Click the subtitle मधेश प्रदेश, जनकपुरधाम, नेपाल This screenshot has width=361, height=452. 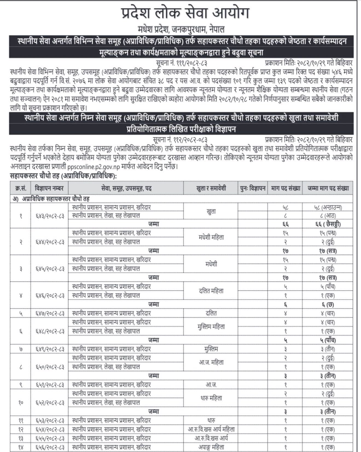[x=181, y=29]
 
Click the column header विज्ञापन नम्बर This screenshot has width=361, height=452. [x=49, y=188]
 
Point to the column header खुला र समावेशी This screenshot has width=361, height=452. [x=211, y=188]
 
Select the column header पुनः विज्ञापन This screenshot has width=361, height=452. [x=253, y=188]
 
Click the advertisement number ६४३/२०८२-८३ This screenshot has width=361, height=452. [x=50, y=216]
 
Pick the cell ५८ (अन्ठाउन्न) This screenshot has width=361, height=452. [x=328, y=207]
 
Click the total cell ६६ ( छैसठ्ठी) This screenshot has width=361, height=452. [x=328, y=224]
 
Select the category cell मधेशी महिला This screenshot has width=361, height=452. [x=211, y=237]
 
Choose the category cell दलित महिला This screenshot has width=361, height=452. [x=211, y=291]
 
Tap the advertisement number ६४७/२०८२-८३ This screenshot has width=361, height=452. [x=50, y=313]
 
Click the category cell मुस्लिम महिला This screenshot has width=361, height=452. [x=211, y=327]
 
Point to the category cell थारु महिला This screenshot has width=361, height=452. [x=211, y=398]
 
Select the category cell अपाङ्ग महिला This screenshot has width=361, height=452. [x=211, y=447]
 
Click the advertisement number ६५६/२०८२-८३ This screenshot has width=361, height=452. [x=50, y=447]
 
